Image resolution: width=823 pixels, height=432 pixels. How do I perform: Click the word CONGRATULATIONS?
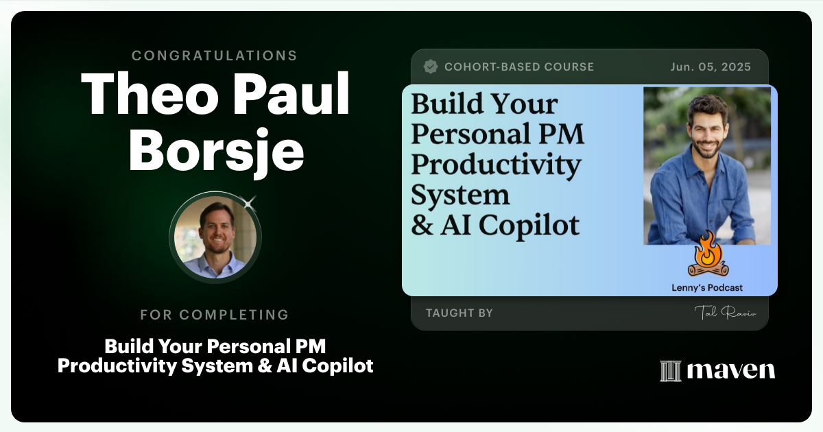pos(215,56)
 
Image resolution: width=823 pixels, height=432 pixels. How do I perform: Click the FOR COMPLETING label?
pos(215,315)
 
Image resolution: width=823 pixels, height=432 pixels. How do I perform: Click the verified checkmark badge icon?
pos(431,67)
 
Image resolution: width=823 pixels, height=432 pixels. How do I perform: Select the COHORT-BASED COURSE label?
pos(519,67)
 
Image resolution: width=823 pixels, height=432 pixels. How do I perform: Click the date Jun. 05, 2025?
pos(711,67)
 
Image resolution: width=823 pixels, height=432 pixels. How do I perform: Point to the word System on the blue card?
pos(460,195)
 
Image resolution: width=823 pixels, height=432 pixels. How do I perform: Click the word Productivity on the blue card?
pos(496,165)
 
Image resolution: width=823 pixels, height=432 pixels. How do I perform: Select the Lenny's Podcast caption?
pos(706,288)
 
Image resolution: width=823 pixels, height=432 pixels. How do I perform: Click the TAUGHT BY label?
pos(460,313)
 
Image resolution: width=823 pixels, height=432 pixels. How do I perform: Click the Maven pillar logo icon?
pos(669,371)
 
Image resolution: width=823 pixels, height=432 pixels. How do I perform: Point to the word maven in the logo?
pos(730,371)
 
